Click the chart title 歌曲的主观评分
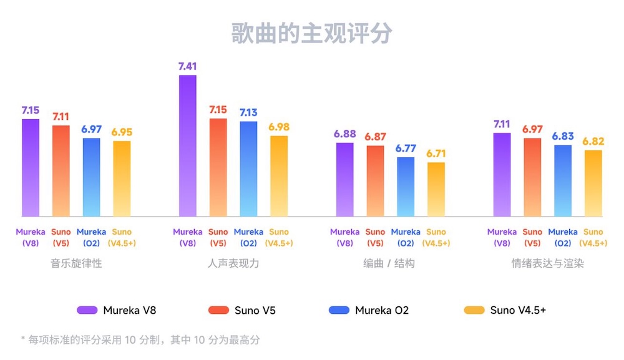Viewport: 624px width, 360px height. click(311, 33)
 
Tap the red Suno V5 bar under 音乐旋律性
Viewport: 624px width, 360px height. click(61, 171)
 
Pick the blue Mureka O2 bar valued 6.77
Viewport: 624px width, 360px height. click(406, 187)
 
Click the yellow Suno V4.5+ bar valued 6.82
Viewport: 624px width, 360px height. click(593, 183)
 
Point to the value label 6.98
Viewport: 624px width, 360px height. click(279, 127)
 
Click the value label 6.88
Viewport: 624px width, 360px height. click(344, 134)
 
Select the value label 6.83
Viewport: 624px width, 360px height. click(563, 137)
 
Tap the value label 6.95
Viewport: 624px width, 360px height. click(122, 132)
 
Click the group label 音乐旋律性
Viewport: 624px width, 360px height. click(76, 263)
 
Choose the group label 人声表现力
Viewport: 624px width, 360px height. click(233, 263)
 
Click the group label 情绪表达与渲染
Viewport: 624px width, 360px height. click(547, 263)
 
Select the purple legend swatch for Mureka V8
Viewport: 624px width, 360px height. click(87, 310)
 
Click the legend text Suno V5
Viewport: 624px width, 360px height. click(255, 310)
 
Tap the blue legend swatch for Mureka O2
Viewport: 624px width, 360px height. click(338, 310)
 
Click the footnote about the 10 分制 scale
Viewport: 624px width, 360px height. click(140, 340)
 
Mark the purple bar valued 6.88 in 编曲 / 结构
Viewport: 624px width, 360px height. click(345, 180)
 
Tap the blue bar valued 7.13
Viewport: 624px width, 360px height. click(248, 169)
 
